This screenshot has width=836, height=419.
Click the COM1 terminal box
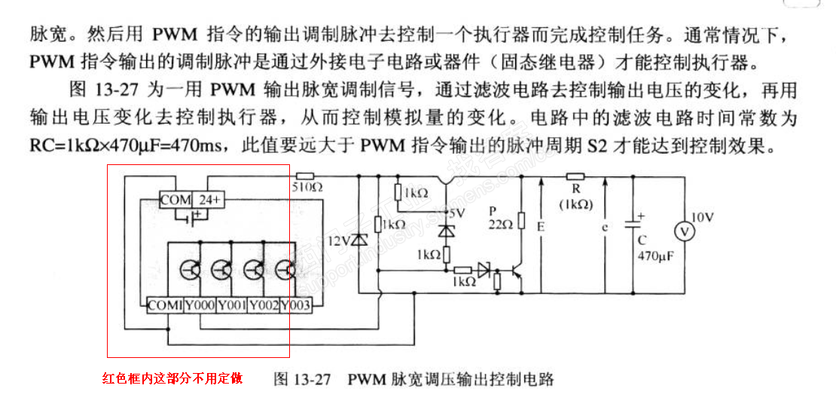[165, 305]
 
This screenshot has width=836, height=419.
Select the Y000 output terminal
[200, 305]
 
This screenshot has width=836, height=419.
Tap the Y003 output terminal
[296, 305]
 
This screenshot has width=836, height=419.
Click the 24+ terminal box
[211, 200]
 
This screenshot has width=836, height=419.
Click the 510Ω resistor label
[307, 186]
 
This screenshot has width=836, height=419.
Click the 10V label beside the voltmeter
[702, 217]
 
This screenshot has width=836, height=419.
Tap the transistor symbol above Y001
[221, 268]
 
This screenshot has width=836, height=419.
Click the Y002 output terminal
[264, 305]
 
